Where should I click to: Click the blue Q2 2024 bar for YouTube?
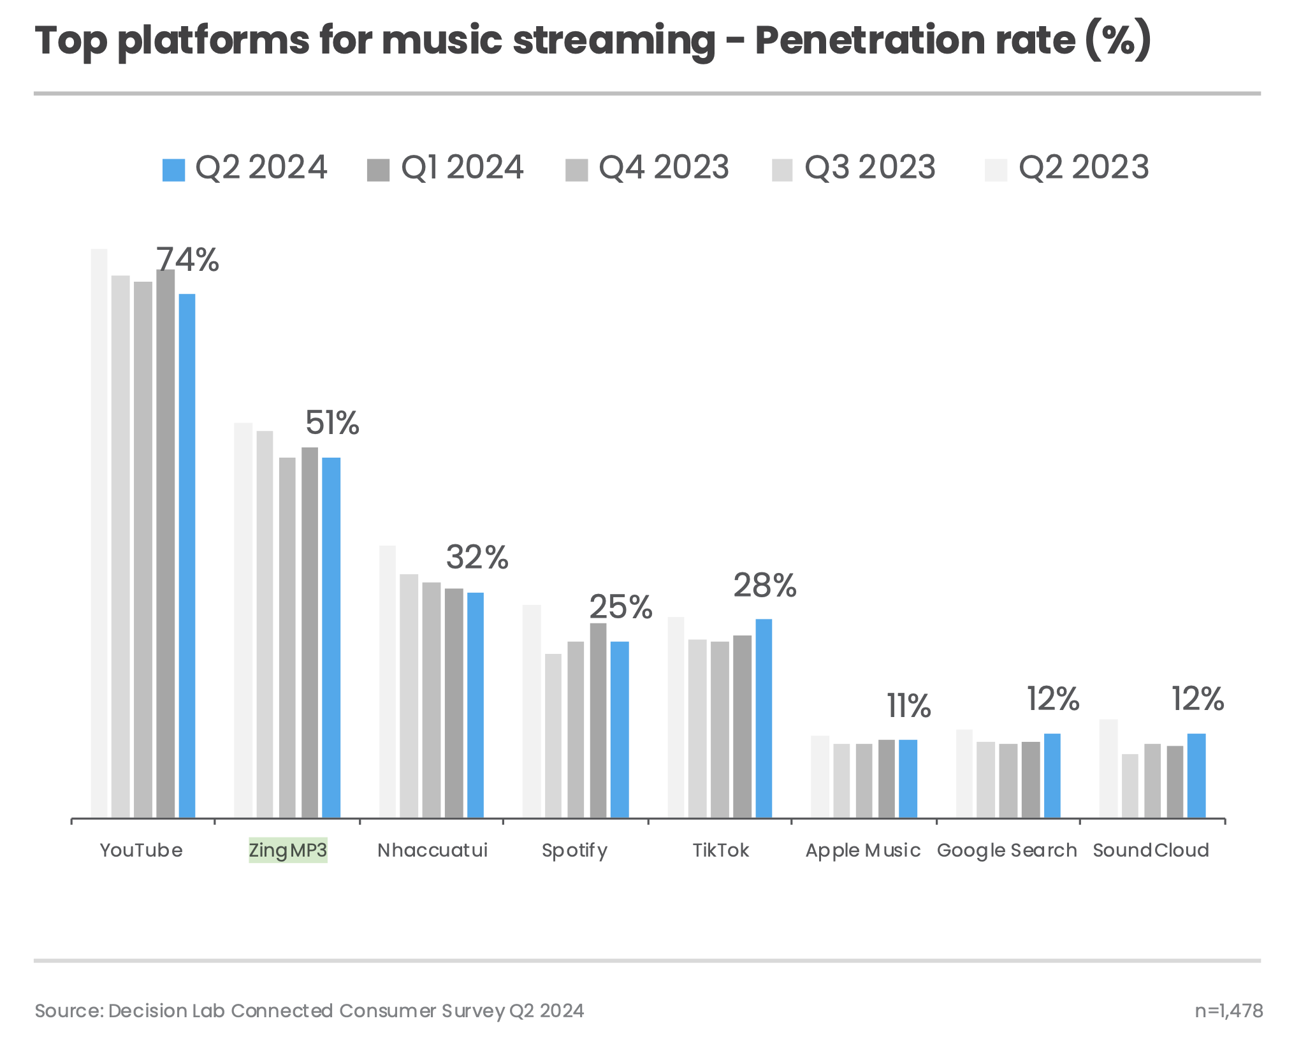click(187, 555)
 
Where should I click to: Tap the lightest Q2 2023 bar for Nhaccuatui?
click(388, 681)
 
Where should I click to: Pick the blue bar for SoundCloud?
click(1196, 776)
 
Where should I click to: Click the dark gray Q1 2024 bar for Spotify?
click(598, 720)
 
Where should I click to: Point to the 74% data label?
click(188, 260)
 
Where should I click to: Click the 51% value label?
click(332, 423)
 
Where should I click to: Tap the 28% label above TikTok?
click(764, 586)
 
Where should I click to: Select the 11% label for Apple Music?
click(908, 706)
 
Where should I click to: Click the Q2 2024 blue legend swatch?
click(174, 170)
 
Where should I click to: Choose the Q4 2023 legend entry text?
click(663, 168)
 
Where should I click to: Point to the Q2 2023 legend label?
click(1083, 168)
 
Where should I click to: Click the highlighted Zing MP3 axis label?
click(288, 850)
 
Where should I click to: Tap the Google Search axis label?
click(1006, 850)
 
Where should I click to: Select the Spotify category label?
click(574, 850)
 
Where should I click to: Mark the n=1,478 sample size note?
click(1228, 1011)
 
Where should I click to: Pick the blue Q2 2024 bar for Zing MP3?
click(331, 637)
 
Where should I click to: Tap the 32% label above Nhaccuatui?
click(477, 558)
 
